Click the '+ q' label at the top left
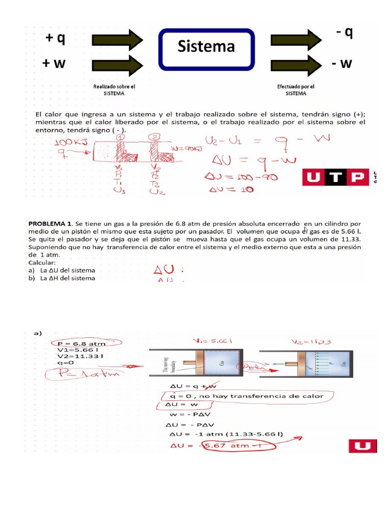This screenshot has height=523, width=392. (x=55, y=39)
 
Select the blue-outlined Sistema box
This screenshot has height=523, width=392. (x=206, y=49)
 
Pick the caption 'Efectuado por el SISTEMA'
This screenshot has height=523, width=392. (x=296, y=90)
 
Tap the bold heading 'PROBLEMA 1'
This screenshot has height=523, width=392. (x=50, y=224)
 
